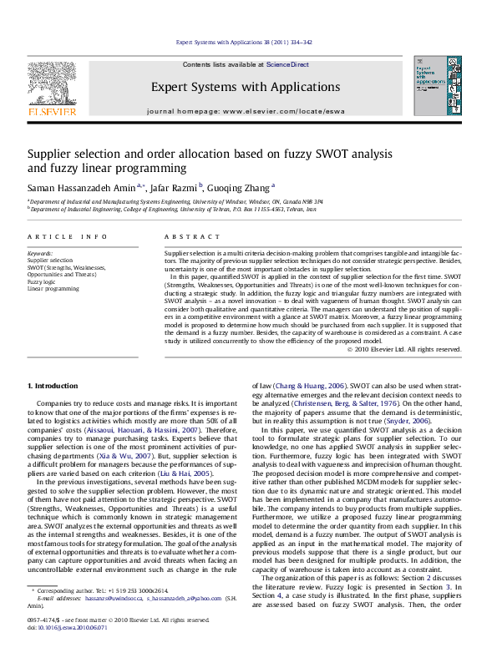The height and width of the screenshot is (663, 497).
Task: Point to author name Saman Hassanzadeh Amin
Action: tap(80, 188)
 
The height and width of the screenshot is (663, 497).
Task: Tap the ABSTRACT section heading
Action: tap(185, 237)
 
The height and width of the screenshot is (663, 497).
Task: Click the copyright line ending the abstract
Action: tap(415, 349)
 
